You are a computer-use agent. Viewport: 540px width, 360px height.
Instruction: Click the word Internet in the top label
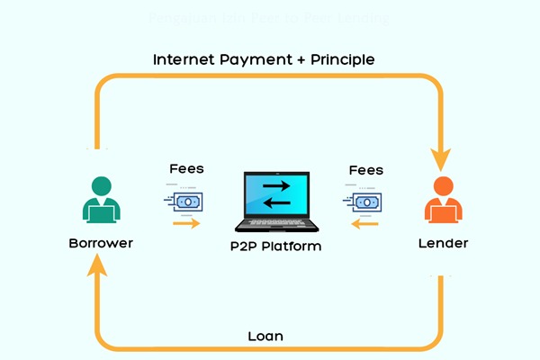pos(186,59)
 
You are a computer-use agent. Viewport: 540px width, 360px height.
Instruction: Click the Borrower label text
pos(101,243)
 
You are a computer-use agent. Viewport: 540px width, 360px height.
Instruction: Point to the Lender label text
pos(443,243)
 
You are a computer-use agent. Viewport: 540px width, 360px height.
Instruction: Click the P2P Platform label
pos(270,246)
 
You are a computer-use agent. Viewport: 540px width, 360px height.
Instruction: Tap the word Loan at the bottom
pos(265,336)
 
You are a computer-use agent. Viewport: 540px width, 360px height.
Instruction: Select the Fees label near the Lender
pos(364,169)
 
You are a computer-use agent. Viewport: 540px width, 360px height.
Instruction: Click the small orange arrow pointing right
pos(186,221)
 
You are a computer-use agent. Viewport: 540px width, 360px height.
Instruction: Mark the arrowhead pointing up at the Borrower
pos(98,266)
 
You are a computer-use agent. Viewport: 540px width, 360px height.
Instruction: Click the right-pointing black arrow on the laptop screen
pos(276,184)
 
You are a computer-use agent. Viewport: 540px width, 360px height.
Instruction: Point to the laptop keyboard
pos(271,225)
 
